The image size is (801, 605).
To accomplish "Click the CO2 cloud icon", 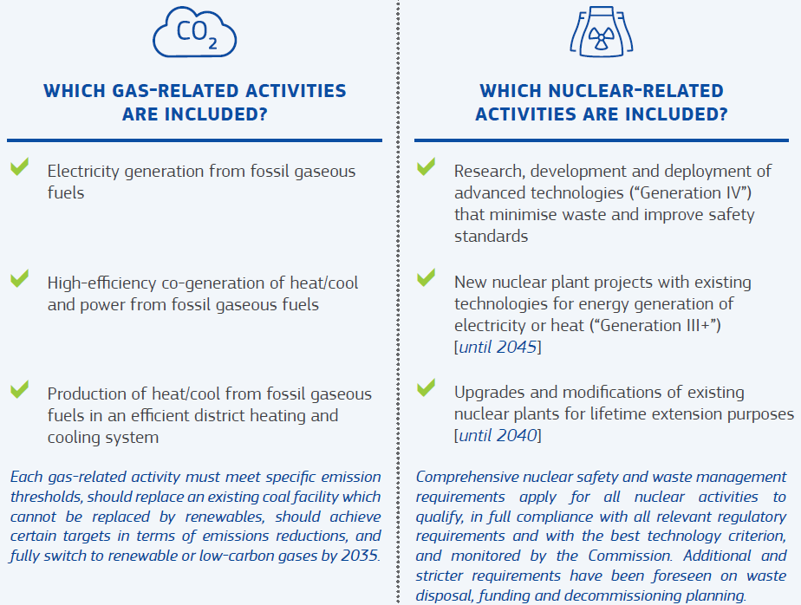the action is (x=195, y=32).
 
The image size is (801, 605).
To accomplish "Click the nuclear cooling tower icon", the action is (x=602, y=32).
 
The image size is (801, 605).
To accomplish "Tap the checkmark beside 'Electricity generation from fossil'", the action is (x=19, y=166).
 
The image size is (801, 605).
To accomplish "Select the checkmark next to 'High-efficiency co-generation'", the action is (x=19, y=278).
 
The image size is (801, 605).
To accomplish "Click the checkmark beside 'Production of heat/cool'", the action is (x=19, y=389).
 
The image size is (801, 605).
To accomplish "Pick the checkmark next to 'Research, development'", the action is (x=426, y=166).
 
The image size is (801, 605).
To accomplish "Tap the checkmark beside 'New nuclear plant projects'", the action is (x=426, y=277).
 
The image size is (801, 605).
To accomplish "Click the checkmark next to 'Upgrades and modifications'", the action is (x=426, y=387).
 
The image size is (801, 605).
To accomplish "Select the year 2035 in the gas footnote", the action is (x=360, y=556).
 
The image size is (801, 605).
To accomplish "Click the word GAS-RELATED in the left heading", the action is (x=175, y=91).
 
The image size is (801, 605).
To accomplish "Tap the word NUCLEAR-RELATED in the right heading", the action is (x=636, y=91).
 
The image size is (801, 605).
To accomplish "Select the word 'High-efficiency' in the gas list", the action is (x=101, y=283).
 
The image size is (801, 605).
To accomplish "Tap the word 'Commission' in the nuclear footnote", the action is (x=629, y=556).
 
